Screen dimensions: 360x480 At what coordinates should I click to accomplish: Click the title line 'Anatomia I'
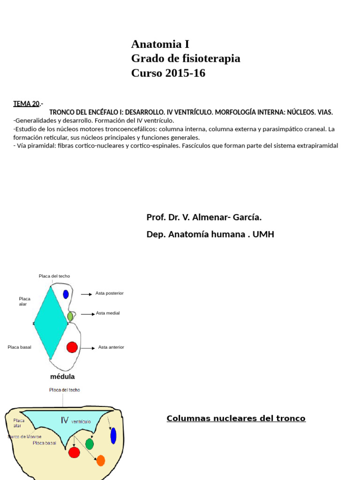160,44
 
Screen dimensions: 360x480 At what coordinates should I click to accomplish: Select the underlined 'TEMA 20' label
26,104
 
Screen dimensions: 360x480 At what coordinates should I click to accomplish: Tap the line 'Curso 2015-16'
168,73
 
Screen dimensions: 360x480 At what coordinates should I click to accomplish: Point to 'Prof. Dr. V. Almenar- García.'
204,217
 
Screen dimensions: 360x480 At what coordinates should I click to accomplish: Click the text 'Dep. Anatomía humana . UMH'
210,234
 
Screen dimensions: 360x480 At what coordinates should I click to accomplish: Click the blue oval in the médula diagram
66,294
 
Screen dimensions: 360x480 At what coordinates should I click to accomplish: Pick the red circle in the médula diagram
72,347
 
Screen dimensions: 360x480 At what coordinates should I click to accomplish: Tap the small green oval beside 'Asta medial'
70,316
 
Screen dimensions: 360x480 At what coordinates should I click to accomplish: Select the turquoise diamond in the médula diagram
51,322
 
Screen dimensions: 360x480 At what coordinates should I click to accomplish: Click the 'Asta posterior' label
109,293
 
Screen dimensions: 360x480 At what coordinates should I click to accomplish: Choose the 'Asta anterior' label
111,347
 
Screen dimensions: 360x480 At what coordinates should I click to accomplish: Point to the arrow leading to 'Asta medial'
88,314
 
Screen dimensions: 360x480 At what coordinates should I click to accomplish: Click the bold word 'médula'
62,376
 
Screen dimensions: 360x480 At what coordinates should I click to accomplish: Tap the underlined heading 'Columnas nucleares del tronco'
236,419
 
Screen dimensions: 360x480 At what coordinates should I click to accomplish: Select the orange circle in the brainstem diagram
101,460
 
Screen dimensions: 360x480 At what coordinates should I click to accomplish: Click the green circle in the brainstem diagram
90,444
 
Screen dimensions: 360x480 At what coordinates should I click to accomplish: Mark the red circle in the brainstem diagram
74,452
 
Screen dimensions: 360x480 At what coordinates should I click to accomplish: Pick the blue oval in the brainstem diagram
113,435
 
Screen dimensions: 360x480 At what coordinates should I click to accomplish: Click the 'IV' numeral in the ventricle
64,420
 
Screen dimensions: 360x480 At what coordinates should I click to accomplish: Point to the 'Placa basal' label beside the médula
19,347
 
